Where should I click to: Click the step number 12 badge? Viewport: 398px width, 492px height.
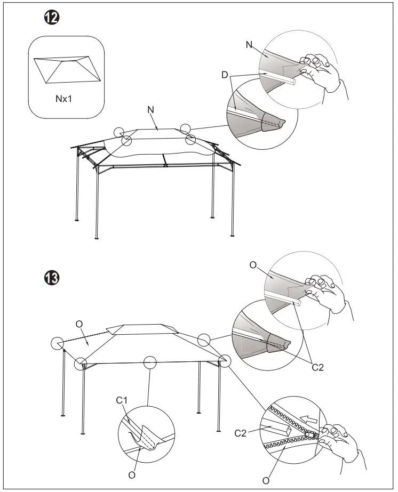(x=51, y=18)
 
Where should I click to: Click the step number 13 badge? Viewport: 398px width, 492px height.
(x=51, y=278)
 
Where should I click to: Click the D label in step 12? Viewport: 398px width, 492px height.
(x=225, y=75)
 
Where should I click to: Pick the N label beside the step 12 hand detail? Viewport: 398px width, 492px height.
(x=249, y=45)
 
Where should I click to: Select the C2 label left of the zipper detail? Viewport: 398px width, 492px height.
(x=242, y=433)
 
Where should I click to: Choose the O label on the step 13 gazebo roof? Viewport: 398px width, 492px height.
(x=79, y=324)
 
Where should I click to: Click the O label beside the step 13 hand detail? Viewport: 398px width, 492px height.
(x=253, y=265)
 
